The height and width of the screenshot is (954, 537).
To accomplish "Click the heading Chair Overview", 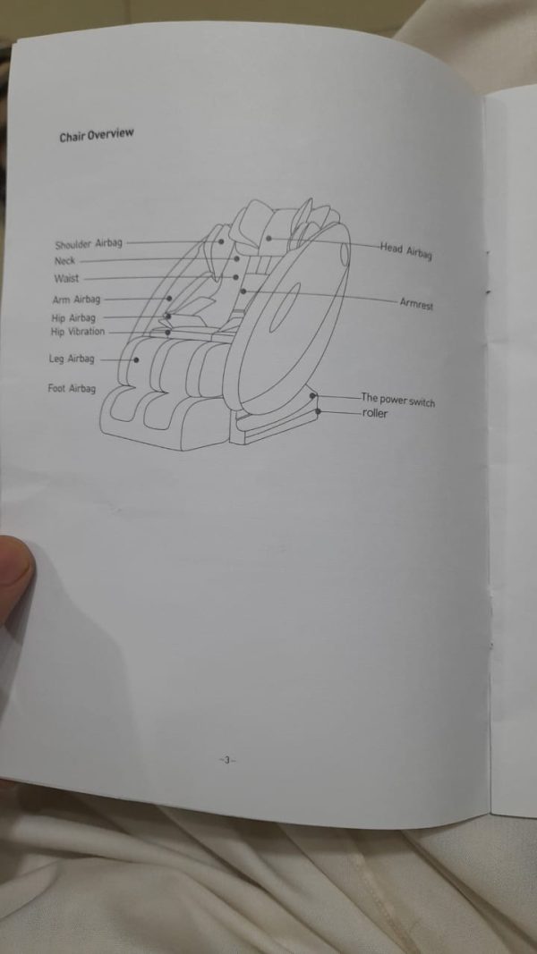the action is coord(96,135).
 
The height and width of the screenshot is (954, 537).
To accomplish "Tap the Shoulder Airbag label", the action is coord(89,245).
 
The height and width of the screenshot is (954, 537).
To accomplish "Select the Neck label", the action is coord(64,262).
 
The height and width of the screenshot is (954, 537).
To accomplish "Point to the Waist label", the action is coord(66,279).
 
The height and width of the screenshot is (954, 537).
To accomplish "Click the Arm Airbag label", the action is coord(76,300).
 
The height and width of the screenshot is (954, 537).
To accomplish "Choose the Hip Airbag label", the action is coord(73,318).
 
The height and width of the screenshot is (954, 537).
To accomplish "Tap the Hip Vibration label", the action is coord(77,332).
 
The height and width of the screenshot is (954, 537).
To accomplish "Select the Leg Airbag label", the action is coord(72,359).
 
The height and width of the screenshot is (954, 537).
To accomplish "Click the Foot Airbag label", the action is coord(72,388).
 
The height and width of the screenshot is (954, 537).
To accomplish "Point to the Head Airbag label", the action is coord(406,250).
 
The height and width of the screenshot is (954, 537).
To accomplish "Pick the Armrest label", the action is coord(417,303).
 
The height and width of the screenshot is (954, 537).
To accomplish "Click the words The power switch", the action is coord(398,400).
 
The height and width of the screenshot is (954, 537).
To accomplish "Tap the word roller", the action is coord(374,414).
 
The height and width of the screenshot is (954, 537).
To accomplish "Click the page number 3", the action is coord(226,759).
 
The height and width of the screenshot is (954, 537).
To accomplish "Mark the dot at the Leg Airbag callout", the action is coord(136,360).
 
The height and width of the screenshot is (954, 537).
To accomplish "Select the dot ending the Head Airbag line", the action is coord(268,239).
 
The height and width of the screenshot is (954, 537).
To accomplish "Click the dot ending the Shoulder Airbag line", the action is coord(221,241).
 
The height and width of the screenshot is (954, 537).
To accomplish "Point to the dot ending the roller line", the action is coord(318,411).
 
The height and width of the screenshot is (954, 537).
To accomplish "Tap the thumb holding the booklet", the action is coord(14,578).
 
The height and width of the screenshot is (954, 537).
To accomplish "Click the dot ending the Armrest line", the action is coord(243,291).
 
